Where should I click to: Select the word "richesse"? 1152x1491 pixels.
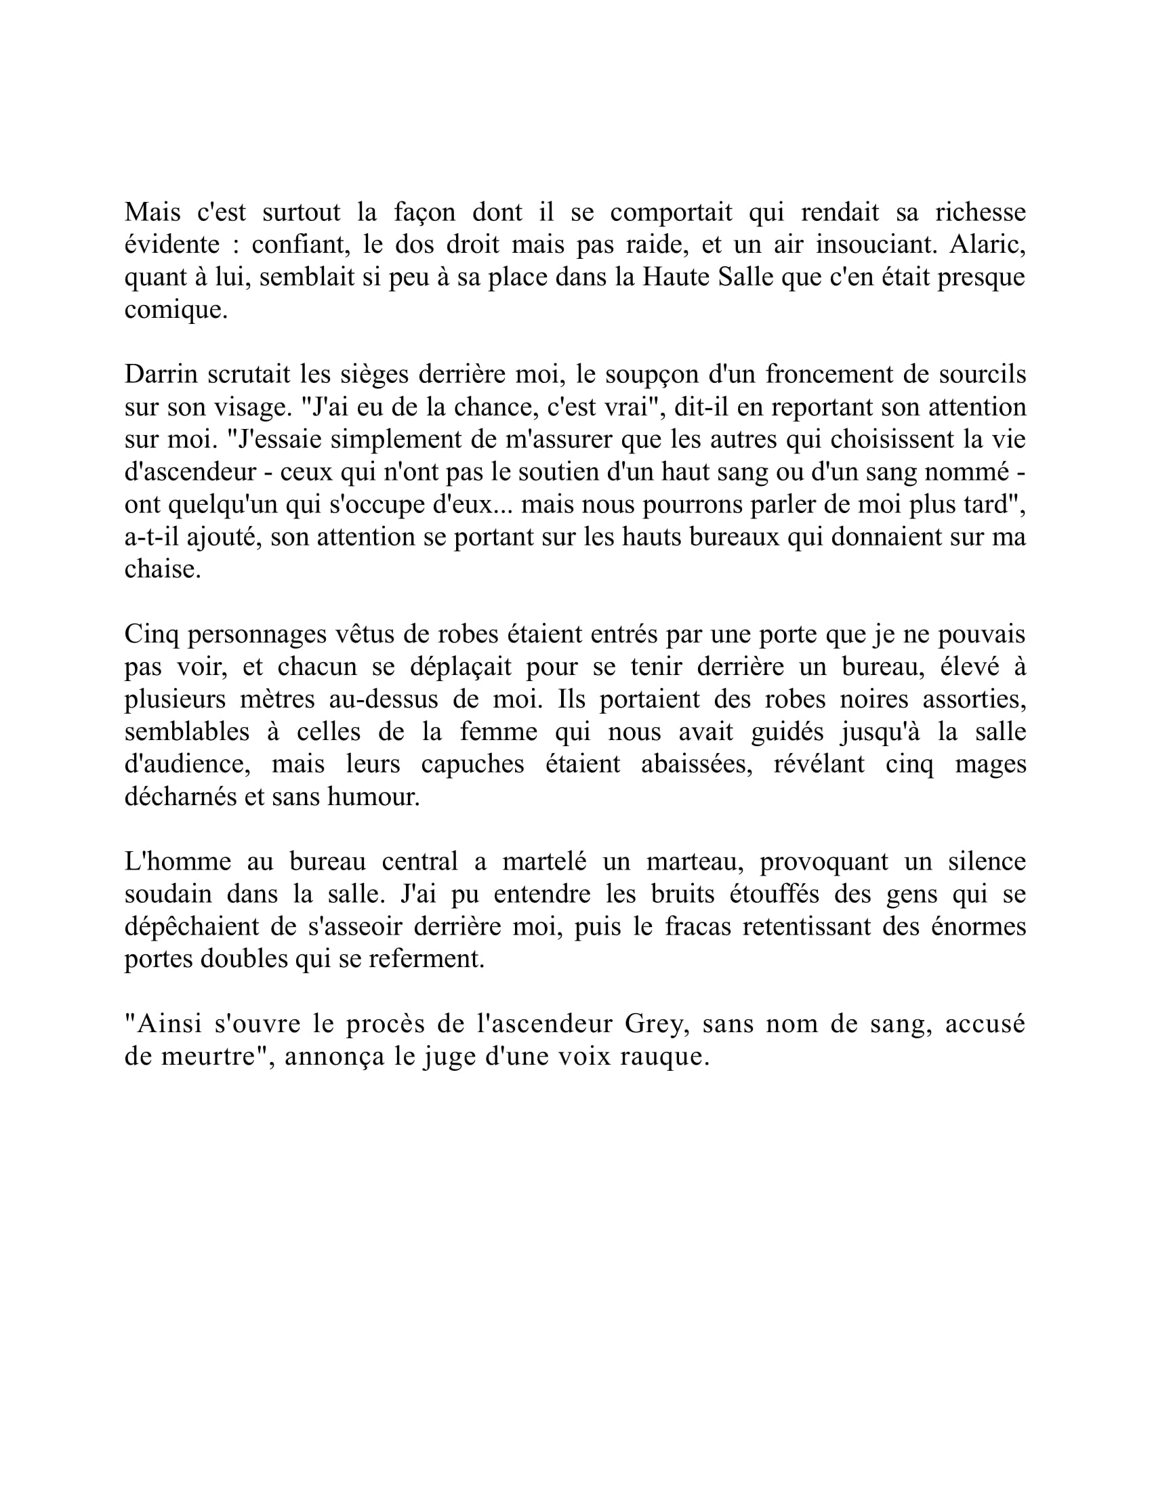click(980, 212)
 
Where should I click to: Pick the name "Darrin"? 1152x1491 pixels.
click(161, 374)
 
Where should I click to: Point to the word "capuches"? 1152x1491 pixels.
click(472, 763)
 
